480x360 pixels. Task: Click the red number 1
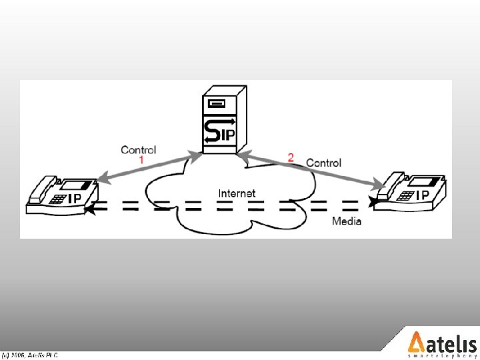(141, 161)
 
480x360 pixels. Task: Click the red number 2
(291, 157)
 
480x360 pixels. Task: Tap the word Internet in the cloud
(237, 193)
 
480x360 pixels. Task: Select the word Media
(347, 221)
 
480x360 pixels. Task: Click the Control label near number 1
(138, 150)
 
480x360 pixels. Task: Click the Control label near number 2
(323, 163)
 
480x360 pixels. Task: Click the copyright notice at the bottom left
(29, 355)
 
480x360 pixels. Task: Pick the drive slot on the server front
(216, 103)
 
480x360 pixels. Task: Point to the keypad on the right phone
(405, 195)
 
